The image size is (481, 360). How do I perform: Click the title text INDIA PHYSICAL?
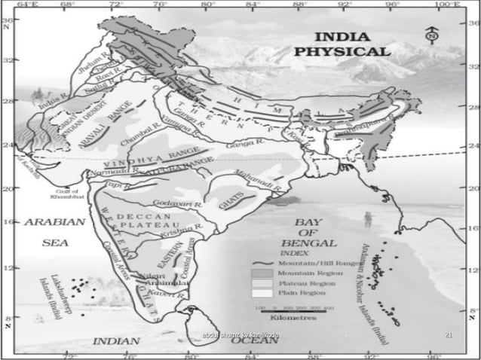click(x=353, y=44)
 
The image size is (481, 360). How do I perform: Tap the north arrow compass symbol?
click(x=431, y=34)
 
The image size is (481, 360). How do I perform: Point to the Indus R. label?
click(x=53, y=100)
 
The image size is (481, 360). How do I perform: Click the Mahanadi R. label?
click(x=260, y=182)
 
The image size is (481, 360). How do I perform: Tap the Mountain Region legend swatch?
click(x=262, y=273)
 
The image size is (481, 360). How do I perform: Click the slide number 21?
click(x=450, y=334)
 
